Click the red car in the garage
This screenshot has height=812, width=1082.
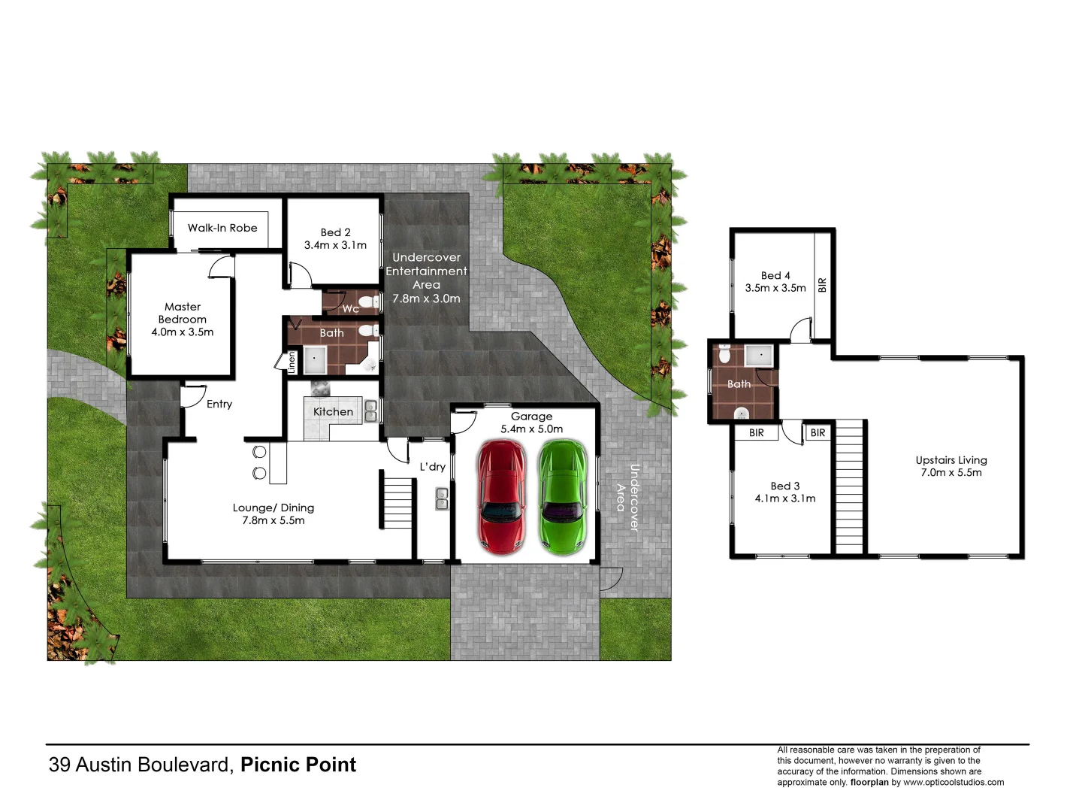coord(501,497)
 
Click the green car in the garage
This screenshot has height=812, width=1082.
coord(563,497)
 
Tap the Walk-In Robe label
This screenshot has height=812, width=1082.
coord(222,228)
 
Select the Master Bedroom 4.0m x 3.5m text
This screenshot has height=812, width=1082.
coord(183,320)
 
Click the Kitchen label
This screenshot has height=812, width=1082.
coord(333,412)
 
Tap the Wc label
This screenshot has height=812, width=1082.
coord(350,309)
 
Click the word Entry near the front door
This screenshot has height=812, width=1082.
coord(219,404)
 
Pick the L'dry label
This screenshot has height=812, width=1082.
coord(433,467)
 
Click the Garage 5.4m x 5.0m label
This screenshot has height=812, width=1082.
coord(531,423)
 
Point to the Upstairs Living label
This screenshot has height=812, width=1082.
coord(951,466)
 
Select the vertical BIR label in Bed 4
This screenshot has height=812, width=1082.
coord(823,285)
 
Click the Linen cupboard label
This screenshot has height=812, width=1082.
coord(292,362)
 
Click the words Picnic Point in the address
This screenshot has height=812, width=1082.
coord(298,765)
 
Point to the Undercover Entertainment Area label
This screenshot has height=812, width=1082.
coord(426,278)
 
